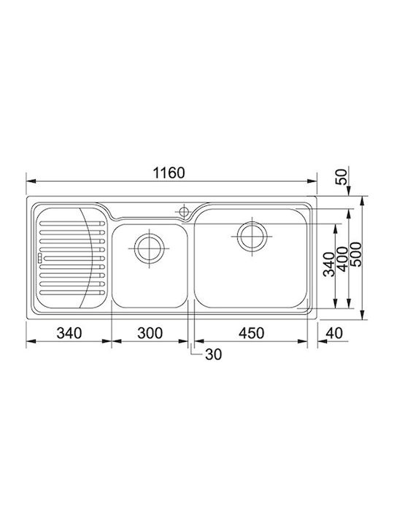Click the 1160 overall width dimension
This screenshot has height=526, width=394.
pos(169,172)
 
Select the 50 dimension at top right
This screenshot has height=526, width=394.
pos(341,177)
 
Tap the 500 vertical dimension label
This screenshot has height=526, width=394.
pos(356,254)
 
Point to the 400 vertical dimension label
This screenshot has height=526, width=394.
pos(342,259)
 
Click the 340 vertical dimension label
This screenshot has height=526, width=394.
pos(329,264)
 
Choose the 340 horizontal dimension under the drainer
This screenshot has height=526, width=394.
pos(69,333)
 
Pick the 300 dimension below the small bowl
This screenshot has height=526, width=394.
pos(150,333)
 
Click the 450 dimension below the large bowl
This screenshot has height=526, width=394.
pos(251,333)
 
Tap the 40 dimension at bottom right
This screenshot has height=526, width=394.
pos(334,333)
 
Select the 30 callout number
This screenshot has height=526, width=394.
pos(213,354)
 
